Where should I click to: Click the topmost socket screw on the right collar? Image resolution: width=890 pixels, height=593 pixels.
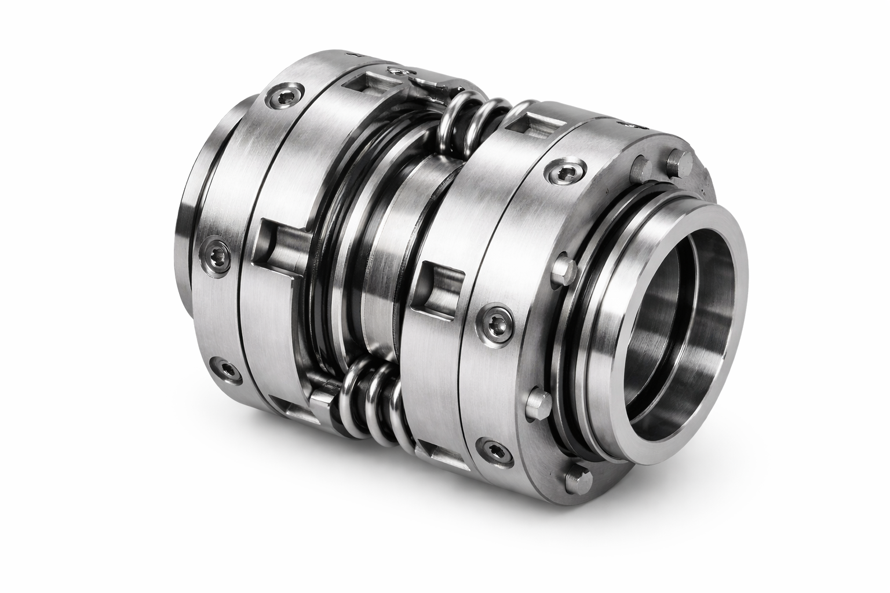pyautogui.click(x=556, y=170)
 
